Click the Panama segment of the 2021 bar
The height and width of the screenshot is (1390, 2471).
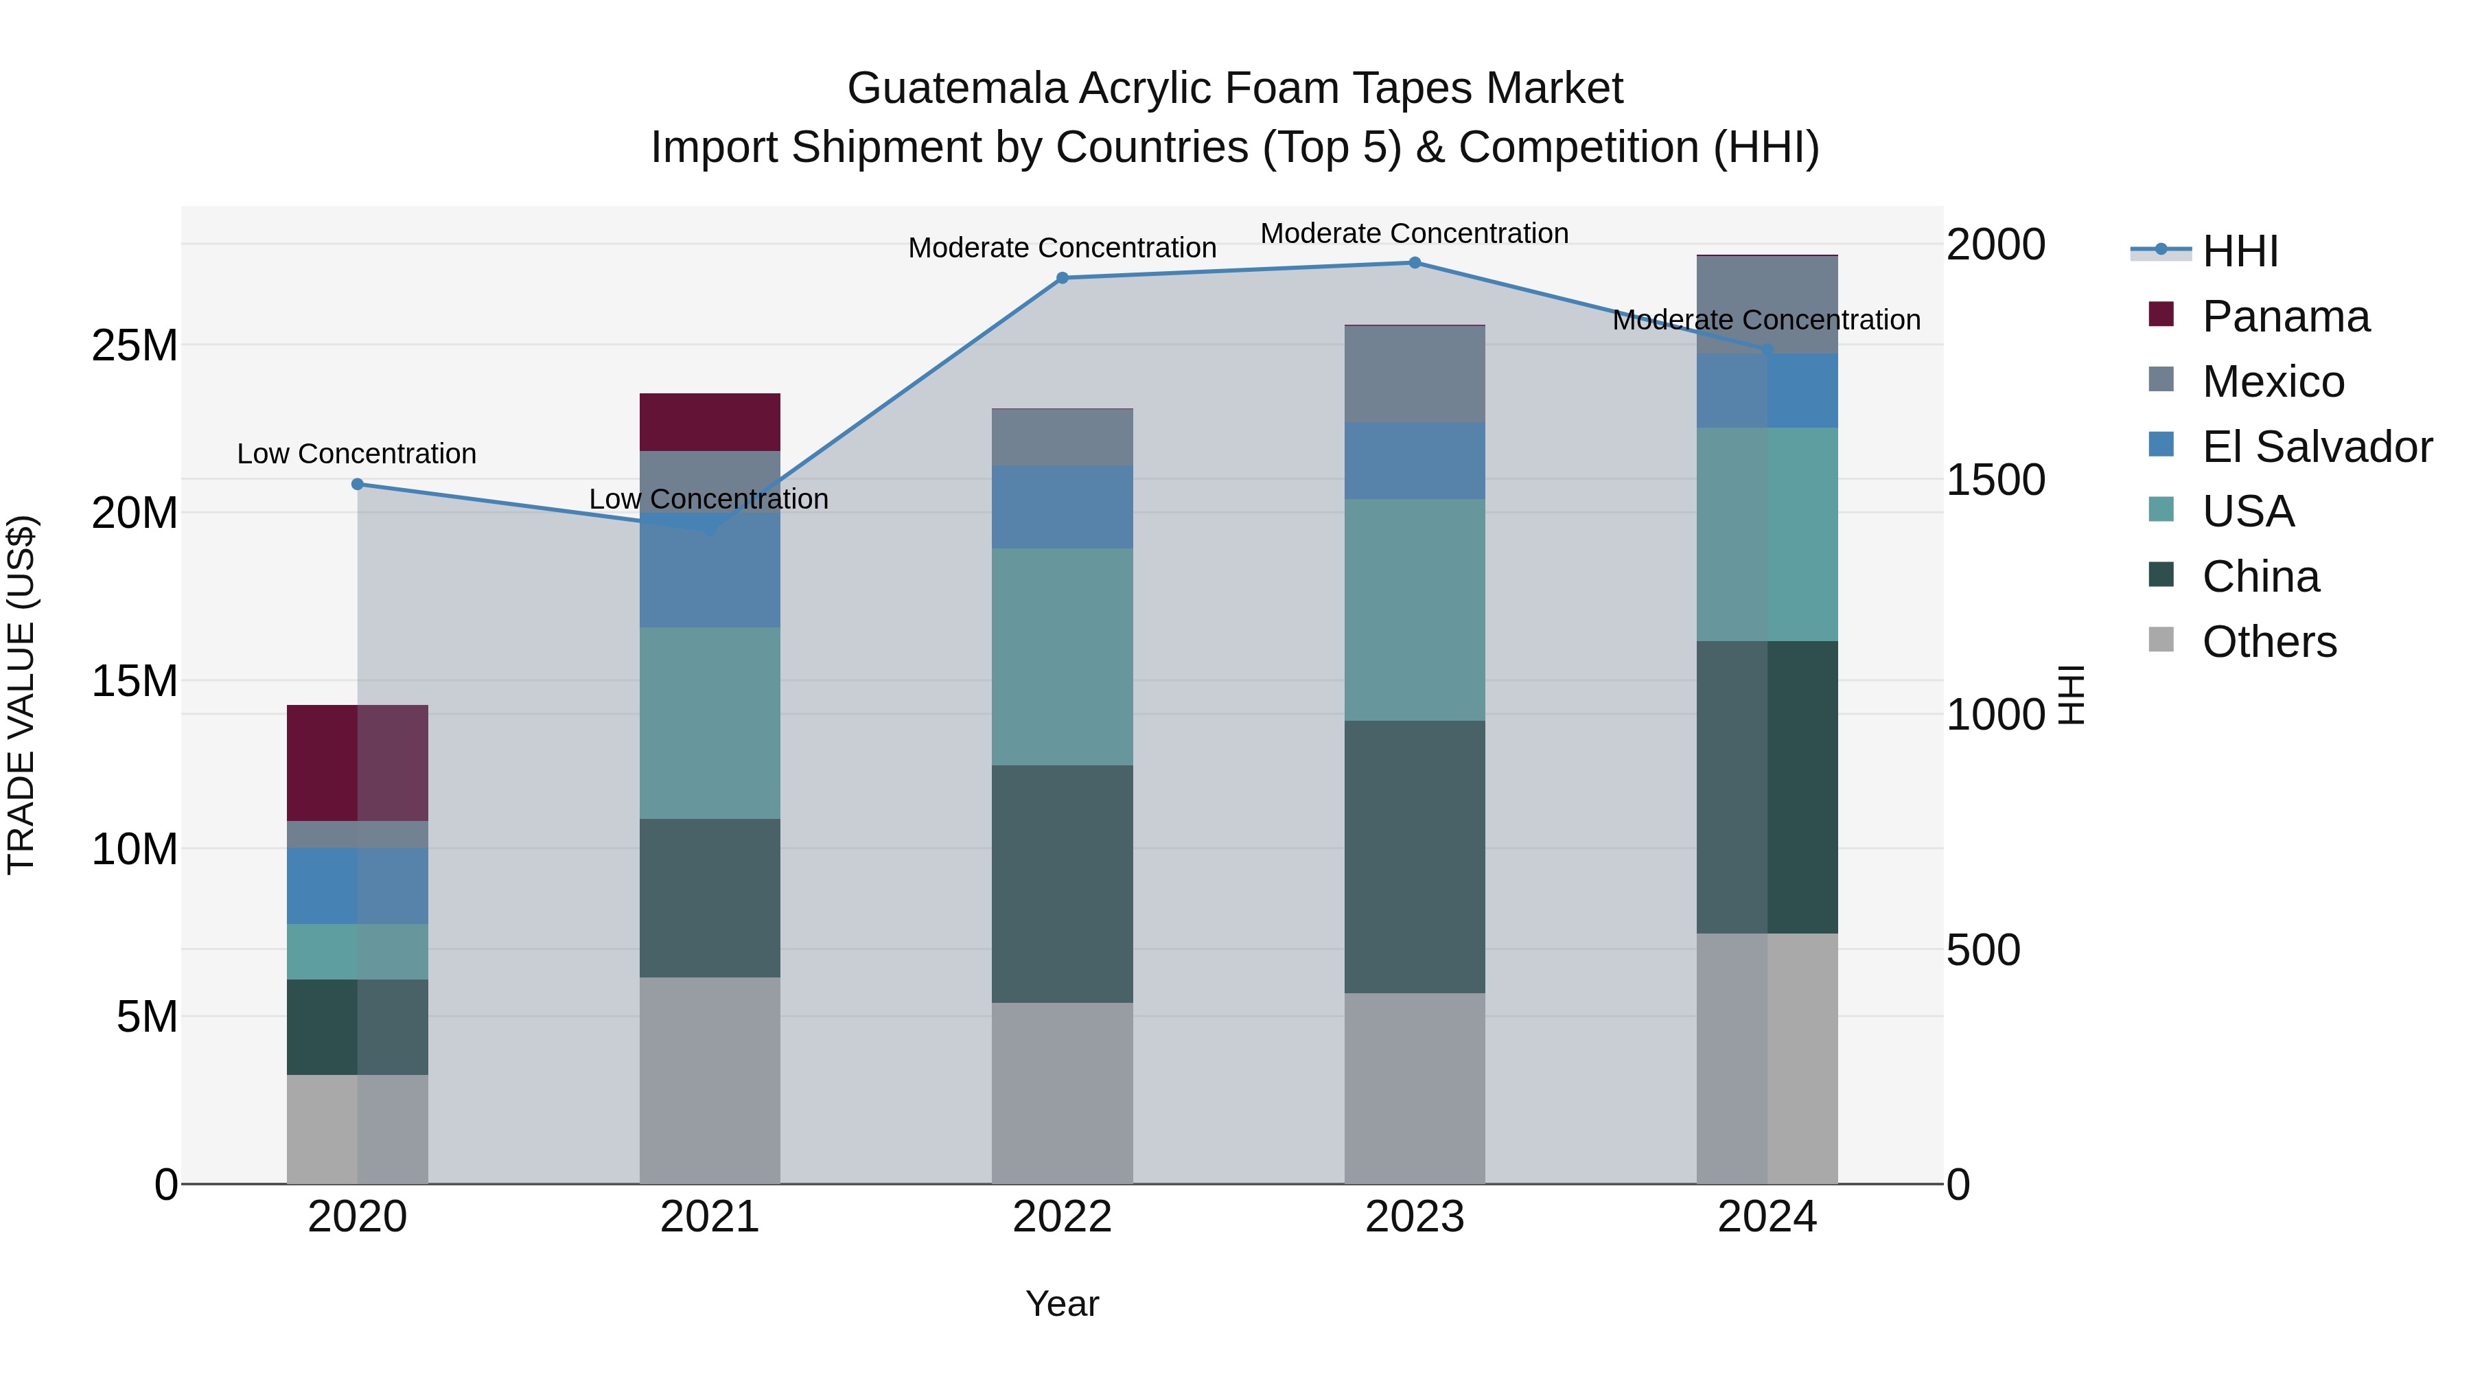709,422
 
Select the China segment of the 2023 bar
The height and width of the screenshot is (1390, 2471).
1414,857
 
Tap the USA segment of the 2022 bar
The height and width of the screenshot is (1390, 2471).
1062,656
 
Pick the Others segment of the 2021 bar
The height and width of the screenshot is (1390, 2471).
709,1080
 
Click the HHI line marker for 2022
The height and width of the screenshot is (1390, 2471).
1062,278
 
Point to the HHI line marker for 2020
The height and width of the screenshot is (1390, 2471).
357,485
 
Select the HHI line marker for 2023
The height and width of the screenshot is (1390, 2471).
1414,263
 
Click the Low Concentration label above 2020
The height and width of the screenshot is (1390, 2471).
357,454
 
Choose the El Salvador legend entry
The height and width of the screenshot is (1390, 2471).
2317,447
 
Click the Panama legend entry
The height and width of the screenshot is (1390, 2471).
2285,316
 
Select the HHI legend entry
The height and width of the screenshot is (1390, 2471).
2240,251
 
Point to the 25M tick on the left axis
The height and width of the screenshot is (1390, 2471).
135,345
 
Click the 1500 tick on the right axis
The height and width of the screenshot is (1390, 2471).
1995,480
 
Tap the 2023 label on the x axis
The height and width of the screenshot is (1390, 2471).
1414,1217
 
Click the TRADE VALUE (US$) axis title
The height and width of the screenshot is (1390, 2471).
21,695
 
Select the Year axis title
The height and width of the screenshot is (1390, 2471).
1062,1304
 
